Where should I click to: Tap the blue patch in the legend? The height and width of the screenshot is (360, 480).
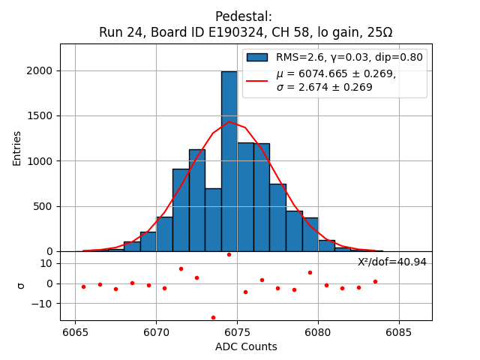point(257,57)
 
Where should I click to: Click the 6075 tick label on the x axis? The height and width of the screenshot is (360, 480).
point(237,332)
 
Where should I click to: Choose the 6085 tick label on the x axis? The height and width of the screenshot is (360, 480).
point(398,332)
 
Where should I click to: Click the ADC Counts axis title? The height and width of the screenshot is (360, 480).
point(245,346)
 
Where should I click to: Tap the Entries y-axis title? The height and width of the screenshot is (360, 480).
point(16,148)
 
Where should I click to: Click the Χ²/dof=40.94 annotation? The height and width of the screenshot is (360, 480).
point(391,262)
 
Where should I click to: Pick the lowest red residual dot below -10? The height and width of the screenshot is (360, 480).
point(213,317)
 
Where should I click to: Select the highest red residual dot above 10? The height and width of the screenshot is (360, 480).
point(229,254)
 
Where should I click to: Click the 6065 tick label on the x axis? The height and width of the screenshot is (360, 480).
point(75,332)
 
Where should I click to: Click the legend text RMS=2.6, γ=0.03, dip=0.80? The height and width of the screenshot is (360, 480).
point(349,57)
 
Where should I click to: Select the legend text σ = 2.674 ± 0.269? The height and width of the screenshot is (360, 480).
point(324,87)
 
